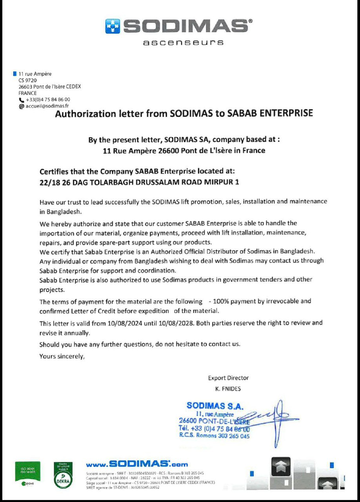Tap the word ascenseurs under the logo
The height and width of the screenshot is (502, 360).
click(184, 42)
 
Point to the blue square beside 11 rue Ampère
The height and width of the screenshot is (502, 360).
click(15, 73)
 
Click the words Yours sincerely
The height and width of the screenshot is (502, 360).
click(62, 356)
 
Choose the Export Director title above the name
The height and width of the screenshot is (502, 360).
click(228, 378)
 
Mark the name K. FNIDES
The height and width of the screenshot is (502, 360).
click(228, 389)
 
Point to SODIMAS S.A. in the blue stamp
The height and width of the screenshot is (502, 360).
click(215, 406)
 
